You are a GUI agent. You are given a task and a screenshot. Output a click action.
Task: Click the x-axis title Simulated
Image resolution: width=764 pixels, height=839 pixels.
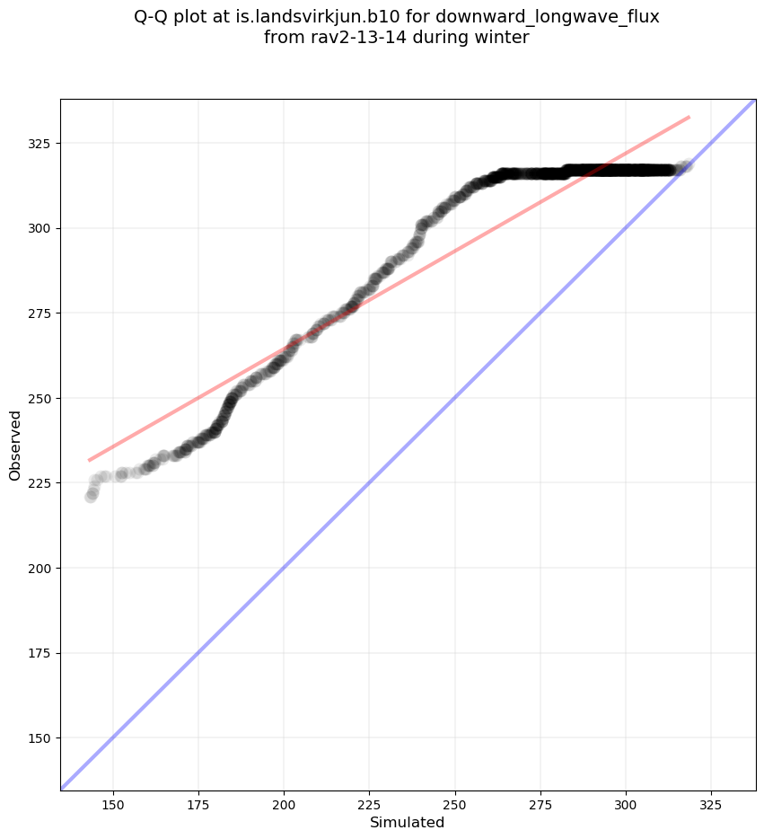(408, 822)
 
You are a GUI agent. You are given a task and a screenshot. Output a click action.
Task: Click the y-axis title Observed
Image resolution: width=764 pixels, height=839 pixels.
(15, 446)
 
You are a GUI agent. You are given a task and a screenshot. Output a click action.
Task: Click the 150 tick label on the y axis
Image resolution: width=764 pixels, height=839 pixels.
(40, 738)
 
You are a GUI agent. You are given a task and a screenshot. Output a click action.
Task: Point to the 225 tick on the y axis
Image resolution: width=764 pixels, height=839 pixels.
(40, 483)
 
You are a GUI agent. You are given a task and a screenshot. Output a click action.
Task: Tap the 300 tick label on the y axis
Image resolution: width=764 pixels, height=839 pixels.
(40, 228)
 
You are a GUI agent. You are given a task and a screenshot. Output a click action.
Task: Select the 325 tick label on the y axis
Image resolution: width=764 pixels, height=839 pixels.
(40, 144)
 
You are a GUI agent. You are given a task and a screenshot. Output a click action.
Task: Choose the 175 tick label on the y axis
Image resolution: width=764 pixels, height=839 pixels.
(40, 653)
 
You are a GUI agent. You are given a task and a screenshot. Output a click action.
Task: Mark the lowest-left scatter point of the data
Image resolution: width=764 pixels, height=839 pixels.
(91, 496)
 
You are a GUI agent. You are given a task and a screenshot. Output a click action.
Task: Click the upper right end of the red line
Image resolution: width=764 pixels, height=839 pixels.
(689, 117)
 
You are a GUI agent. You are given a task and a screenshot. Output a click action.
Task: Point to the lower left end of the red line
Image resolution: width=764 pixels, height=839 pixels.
(89, 460)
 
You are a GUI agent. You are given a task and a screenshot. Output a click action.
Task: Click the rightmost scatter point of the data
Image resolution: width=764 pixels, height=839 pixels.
(687, 165)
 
